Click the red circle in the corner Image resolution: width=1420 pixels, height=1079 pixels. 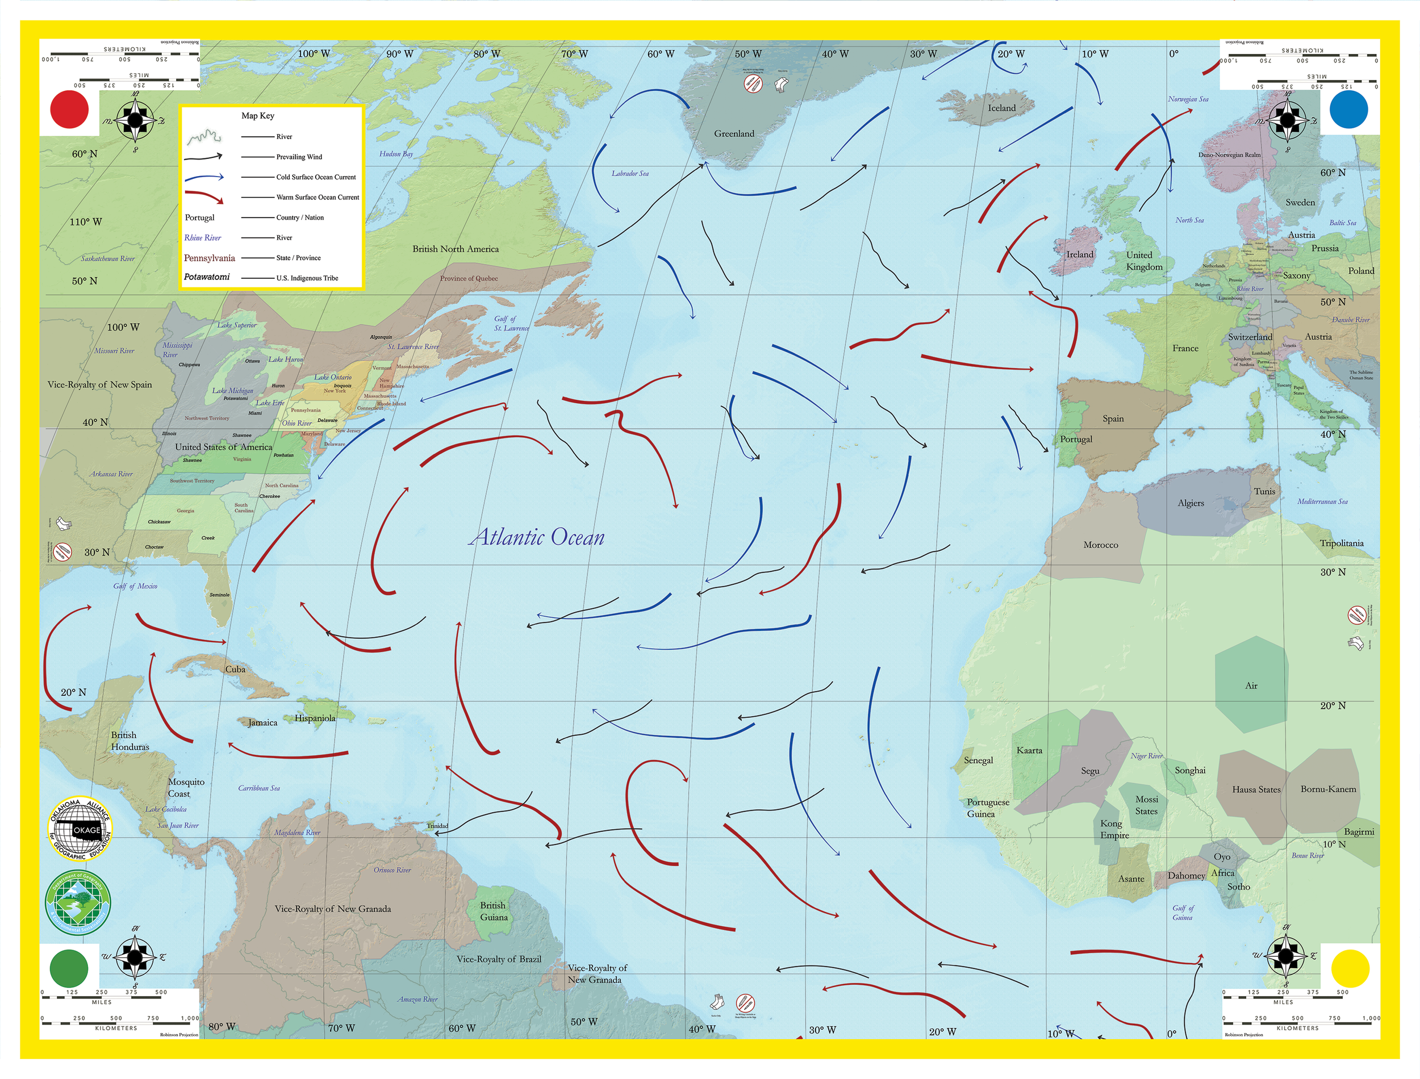[x=69, y=109]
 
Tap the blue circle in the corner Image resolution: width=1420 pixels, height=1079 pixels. [x=1348, y=109]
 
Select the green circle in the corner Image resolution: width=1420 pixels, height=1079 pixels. [x=69, y=968]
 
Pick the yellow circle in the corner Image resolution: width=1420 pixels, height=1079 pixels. [x=1350, y=968]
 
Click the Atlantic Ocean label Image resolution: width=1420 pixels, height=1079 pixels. [x=537, y=538]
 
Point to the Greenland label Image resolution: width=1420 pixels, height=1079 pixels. [x=734, y=133]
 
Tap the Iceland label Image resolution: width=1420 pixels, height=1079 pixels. [x=1001, y=108]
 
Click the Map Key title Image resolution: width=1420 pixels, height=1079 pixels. [x=257, y=116]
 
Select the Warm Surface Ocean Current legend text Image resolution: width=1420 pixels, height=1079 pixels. [x=318, y=197]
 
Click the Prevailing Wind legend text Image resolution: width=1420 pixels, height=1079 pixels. [x=299, y=157]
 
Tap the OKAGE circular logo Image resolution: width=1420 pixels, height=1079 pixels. [x=80, y=829]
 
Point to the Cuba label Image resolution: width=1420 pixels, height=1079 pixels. [x=235, y=669]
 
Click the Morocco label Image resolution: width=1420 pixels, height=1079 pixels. [x=1100, y=545]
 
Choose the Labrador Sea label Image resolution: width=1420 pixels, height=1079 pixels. [x=629, y=173]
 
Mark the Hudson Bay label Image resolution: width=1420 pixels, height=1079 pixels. [x=396, y=154]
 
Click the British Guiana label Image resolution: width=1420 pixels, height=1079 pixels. [x=493, y=911]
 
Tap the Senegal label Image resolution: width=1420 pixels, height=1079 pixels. [x=978, y=760]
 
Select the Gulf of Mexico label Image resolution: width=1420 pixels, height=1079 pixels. [x=135, y=585]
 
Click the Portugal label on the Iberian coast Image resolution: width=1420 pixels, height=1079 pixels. [x=1076, y=440]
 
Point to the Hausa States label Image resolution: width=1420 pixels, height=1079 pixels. [x=1256, y=789]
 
